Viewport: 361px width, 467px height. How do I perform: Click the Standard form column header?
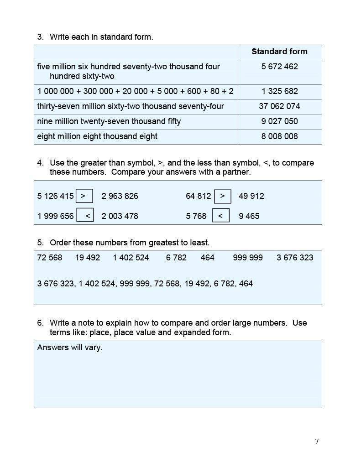[279, 52]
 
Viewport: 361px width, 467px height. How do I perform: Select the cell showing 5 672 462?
[279, 67]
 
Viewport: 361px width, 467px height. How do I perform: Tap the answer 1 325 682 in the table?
[279, 91]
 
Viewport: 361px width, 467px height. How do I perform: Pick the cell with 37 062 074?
[279, 106]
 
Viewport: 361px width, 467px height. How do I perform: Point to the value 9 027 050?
[279, 121]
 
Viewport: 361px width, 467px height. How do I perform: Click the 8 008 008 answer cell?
[279, 136]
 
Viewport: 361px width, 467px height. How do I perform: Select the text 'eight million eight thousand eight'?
[97, 136]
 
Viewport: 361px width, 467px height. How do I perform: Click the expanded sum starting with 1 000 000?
[135, 91]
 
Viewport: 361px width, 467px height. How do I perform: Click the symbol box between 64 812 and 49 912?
[222, 196]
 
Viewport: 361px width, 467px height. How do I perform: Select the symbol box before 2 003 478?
[85, 216]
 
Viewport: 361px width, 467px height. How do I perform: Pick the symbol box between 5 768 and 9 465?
[220, 216]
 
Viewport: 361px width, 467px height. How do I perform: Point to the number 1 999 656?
[55, 216]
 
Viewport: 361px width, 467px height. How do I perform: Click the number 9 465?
[249, 216]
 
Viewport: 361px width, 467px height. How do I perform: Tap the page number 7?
[317, 441]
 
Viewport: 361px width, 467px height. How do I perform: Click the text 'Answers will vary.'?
[69, 348]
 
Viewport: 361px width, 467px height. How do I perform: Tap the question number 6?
[40, 323]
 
